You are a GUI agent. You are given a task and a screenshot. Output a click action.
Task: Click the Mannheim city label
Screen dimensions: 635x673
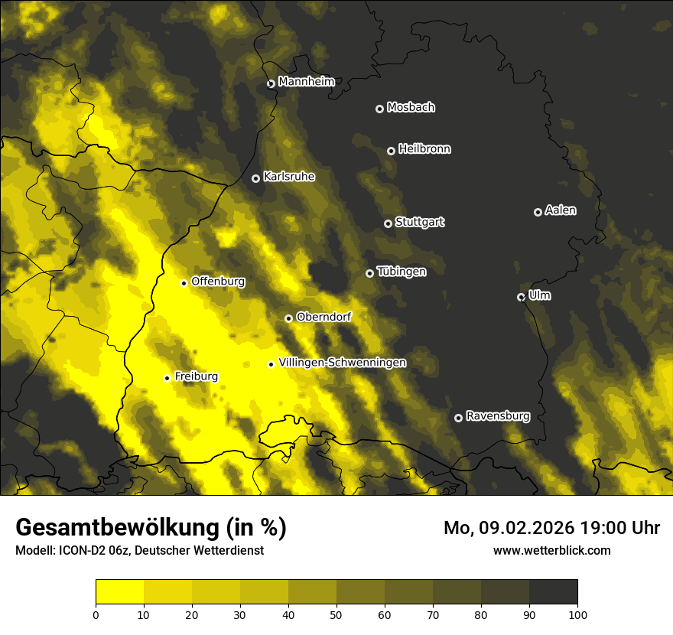(306, 82)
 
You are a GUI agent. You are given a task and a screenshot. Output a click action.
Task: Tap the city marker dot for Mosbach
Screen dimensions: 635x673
(379, 109)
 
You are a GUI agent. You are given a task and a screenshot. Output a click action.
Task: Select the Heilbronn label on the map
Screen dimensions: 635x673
(424, 149)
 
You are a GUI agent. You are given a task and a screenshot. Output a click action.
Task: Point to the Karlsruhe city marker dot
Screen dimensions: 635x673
(255, 178)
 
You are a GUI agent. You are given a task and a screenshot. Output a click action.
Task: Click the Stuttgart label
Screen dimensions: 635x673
(419, 222)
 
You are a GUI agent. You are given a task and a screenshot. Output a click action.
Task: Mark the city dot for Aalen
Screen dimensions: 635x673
(538, 212)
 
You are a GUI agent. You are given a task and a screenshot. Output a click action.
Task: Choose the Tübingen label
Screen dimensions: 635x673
(402, 272)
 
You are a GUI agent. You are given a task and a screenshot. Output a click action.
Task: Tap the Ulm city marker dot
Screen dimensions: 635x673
(521, 297)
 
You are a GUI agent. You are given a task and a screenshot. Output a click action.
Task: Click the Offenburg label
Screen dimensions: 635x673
(218, 282)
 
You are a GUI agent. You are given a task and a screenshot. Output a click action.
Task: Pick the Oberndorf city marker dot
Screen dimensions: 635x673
(288, 318)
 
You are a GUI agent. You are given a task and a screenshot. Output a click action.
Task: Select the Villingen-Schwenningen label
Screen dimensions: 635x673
(342, 363)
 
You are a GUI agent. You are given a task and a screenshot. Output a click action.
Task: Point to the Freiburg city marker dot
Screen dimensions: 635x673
(167, 378)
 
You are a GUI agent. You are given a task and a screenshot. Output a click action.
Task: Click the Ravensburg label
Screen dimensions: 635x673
(498, 416)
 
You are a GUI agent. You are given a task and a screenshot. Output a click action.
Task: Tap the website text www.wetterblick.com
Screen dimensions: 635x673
(552, 550)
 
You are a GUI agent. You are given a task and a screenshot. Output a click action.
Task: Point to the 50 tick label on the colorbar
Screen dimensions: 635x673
(336, 614)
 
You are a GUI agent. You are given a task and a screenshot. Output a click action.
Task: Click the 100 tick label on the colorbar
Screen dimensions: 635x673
(577, 614)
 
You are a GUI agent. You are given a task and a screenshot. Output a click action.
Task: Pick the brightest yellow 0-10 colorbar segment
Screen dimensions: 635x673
(120, 592)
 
